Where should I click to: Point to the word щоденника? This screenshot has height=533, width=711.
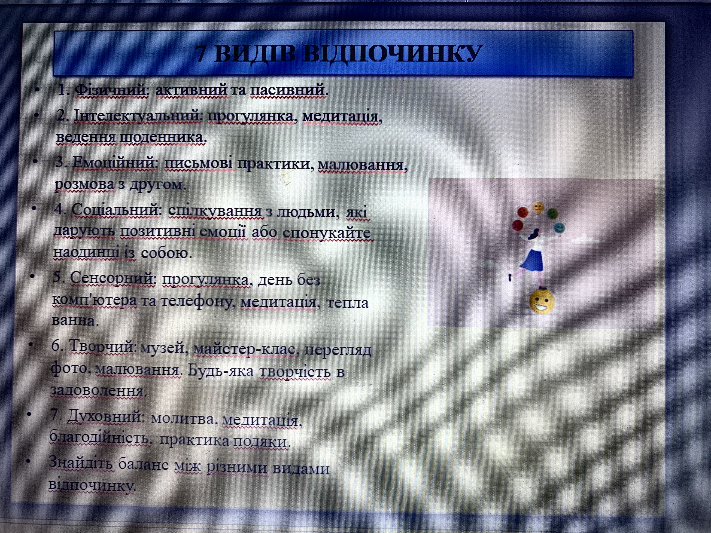click(x=163, y=138)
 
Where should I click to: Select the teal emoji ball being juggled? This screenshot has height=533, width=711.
click(x=559, y=228)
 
